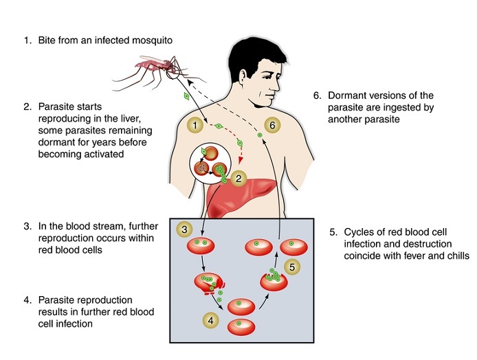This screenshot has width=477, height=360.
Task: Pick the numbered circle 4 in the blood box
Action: (210, 319)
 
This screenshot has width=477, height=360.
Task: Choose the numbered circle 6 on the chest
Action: (273, 125)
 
